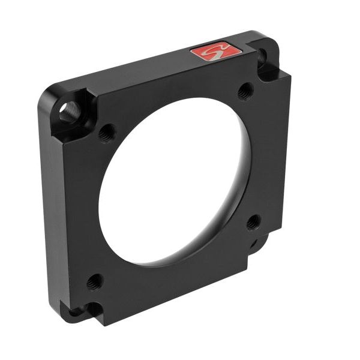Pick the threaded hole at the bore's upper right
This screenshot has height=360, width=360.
(245, 91)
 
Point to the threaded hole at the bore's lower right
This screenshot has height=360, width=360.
(253, 222)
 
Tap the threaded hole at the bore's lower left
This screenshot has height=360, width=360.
(94, 281)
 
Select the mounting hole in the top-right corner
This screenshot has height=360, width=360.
(262, 57)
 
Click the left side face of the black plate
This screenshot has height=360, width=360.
(51, 210)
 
